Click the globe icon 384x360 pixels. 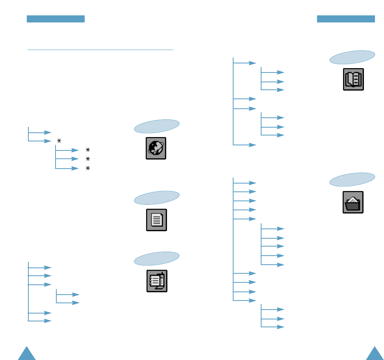pos(156,148)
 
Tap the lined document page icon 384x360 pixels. pos(156,220)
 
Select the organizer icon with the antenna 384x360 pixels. pos(157,281)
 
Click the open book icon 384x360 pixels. pos(353,79)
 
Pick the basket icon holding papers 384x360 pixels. pos(353,202)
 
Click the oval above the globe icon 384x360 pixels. pos(157,126)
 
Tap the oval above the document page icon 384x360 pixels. pos(157,198)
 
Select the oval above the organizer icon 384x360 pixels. pos(157,258)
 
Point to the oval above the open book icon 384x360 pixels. pos(352,57)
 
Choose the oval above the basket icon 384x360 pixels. pos(352,180)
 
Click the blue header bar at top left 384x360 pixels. pos(56,19)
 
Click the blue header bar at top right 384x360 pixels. pos(346,19)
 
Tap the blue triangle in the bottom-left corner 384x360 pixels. pos(27,354)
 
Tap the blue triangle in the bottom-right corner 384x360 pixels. pos(374,354)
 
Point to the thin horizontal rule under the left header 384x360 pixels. pos(100,50)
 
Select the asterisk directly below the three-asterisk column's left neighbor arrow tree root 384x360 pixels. pos(59,141)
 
